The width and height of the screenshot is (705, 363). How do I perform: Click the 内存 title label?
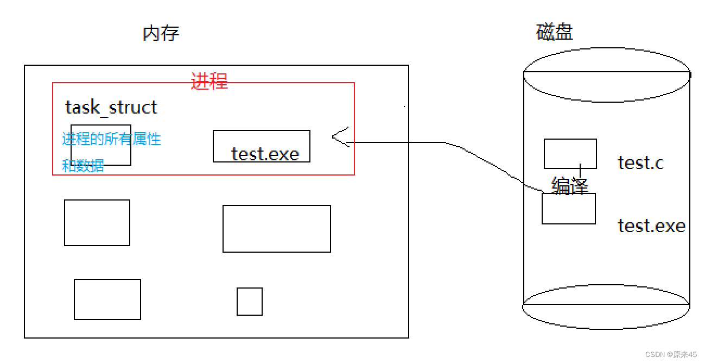point(161,34)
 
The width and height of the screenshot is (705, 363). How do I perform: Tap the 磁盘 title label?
point(555,33)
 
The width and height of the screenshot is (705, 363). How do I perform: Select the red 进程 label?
point(209,81)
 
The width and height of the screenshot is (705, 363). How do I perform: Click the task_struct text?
point(111,107)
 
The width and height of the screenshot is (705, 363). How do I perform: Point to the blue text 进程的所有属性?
point(111,139)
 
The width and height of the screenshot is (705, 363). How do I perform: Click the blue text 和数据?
point(83,166)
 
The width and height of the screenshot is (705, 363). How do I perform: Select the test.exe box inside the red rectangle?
point(262,146)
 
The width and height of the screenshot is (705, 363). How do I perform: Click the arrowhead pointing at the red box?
point(339,138)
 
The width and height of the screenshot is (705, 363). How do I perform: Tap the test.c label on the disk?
point(640,162)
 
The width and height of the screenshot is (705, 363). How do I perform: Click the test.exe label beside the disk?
point(651,225)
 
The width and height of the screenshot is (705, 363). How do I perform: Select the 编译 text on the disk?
point(570,186)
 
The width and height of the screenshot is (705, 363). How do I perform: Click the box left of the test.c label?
point(570,153)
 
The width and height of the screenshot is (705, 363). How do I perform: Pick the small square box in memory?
point(250,302)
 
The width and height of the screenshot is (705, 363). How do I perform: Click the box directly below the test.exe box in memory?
point(277,229)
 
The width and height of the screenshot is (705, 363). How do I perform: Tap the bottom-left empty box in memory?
point(107,299)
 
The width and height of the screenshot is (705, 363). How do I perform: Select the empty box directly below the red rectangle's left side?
point(97,223)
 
